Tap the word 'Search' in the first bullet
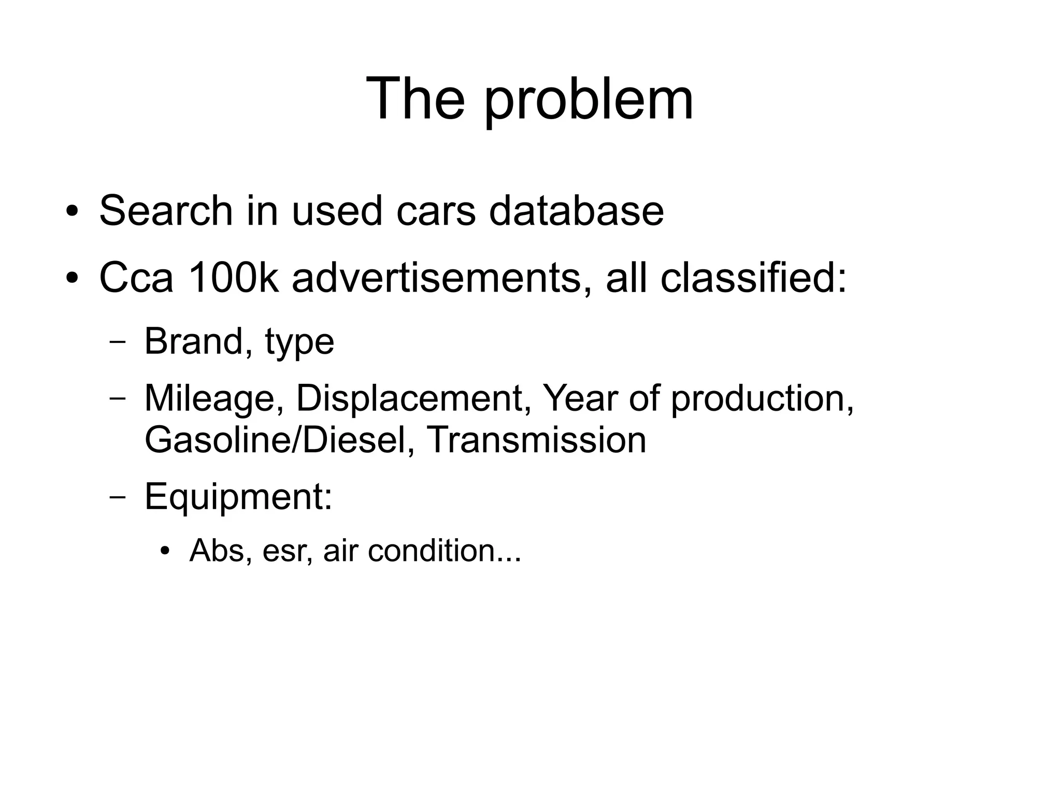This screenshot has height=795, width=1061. point(166,211)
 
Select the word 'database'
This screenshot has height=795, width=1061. point(576,211)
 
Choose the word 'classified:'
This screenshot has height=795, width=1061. point(753,278)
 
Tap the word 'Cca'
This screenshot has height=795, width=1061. point(136,278)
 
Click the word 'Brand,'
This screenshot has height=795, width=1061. point(199,342)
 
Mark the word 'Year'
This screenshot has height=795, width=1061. point(580,399)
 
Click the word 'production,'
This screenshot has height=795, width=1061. point(762,399)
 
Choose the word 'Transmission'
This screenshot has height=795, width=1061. point(537,440)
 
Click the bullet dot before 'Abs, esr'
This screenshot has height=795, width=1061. point(165,551)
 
